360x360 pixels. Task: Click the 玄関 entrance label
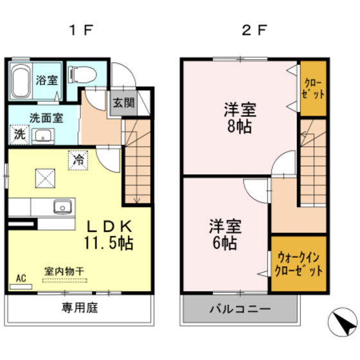coord(123,102)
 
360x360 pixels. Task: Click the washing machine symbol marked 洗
coord(20,134)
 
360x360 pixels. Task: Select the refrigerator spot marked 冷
coord(78,159)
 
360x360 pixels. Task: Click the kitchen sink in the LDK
coord(62,206)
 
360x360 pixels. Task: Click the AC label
coord(21,278)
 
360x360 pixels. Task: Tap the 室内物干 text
coord(64,272)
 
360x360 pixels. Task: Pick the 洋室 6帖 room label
coord(224,235)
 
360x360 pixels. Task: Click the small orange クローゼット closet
coord(313,88)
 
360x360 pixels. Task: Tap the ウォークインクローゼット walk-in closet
coord(298,264)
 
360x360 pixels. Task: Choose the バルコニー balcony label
coord(240,310)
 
